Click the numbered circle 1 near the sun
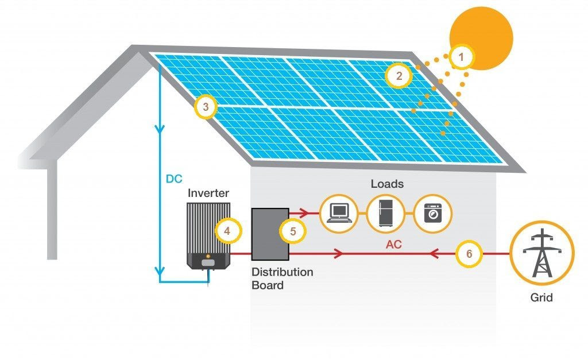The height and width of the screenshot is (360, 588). pos(463,57)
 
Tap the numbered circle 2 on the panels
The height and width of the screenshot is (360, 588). pos(397,75)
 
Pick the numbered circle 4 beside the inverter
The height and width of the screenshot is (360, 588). pos(227,231)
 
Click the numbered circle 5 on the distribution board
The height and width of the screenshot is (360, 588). pos(293,231)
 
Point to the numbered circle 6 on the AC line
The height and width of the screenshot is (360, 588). pos(469,254)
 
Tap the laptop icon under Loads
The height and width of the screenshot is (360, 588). pos(338,214)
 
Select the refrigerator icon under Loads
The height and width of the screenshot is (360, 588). pos(385,214)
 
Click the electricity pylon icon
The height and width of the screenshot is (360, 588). pos(541,253)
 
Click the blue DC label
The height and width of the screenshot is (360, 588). pos(174,179)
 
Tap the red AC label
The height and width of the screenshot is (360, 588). pos(394,244)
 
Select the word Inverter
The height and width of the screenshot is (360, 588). pos(208,193)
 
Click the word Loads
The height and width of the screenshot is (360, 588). pos(387,184)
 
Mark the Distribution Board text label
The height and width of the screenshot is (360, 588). pos(282,278)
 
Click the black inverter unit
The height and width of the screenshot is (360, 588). pos(209,235)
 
